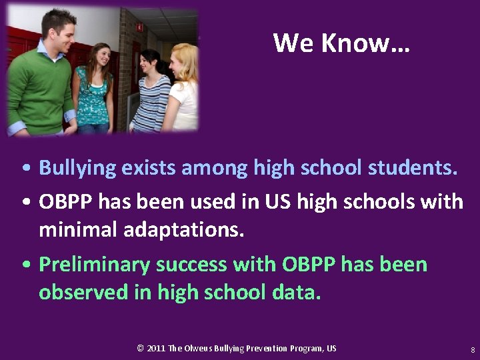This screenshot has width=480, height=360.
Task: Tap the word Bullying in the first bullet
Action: [x=77, y=167]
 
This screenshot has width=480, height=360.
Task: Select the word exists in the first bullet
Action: [x=144, y=167]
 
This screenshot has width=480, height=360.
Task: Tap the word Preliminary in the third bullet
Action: [x=94, y=265]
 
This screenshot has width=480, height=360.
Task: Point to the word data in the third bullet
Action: [x=296, y=293]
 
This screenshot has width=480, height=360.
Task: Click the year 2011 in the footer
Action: [x=156, y=349]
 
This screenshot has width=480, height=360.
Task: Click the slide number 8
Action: [x=472, y=349]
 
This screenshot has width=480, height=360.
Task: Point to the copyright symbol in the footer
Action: [x=140, y=349]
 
